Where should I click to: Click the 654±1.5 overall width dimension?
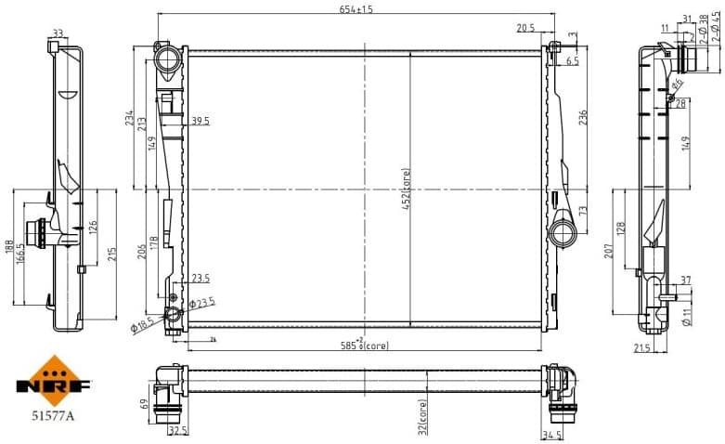pos(356,8)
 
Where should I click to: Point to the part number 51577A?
pos(52,415)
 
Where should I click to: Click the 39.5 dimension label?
pos(201,121)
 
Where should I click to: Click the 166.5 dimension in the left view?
pos(19,248)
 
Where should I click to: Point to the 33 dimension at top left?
pos(58,33)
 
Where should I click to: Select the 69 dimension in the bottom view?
pos(142,404)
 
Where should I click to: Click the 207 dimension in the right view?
pos(610,251)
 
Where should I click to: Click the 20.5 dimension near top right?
pos(525,29)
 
